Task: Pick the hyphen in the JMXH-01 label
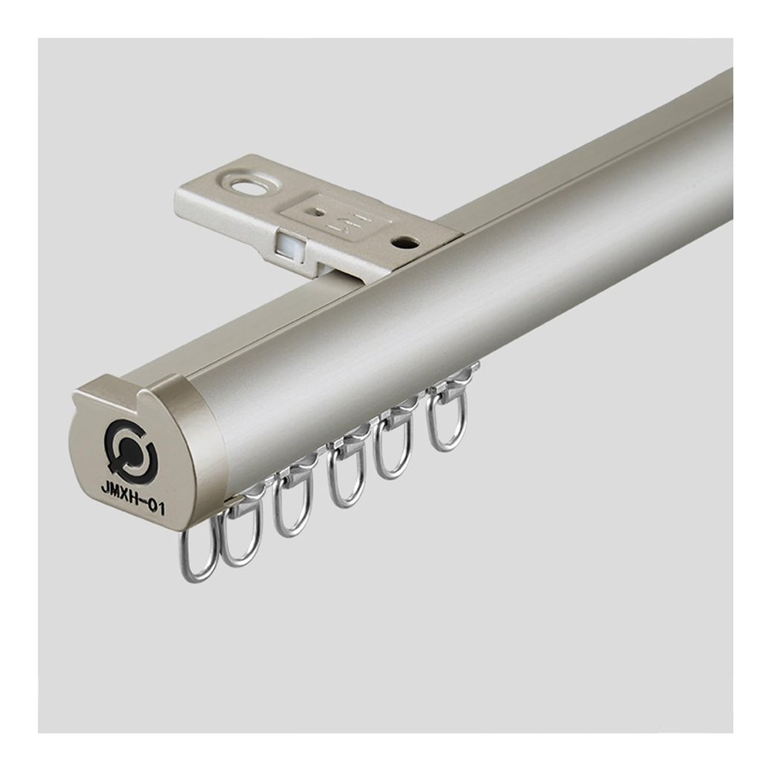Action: [146, 502]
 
